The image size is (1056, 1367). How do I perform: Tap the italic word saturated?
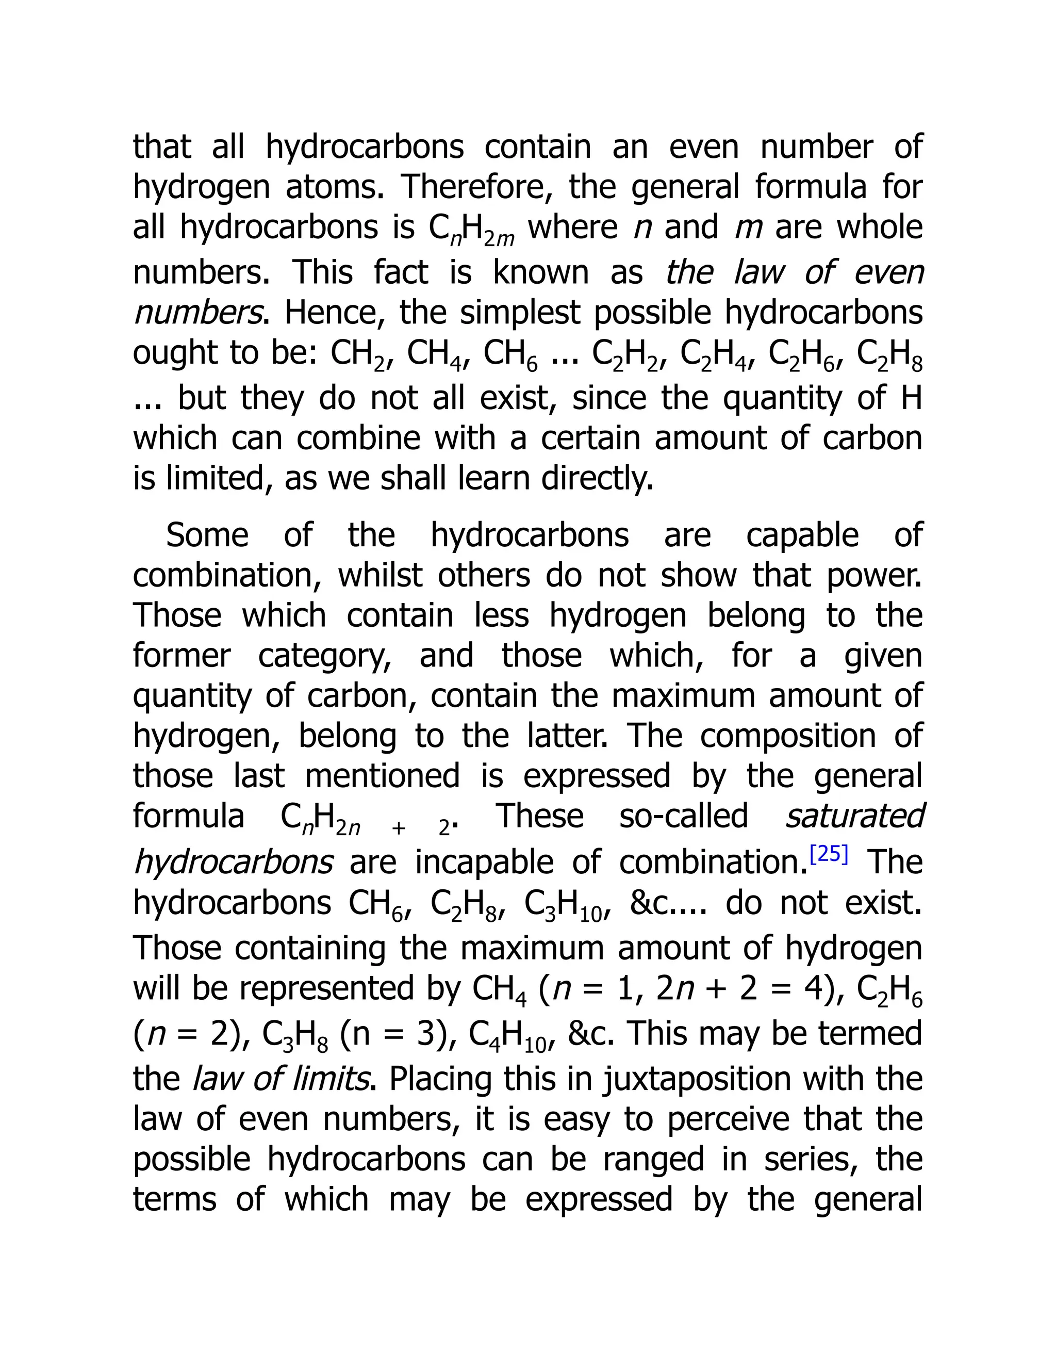pyautogui.click(x=854, y=816)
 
